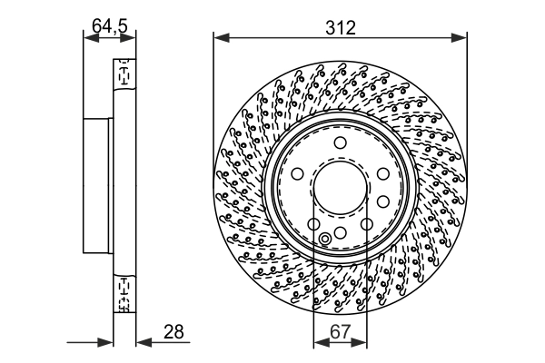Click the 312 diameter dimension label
(340, 27)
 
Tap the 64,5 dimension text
(109, 27)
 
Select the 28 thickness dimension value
(173, 332)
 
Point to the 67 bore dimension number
(340, 332)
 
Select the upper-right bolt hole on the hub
(382, 174)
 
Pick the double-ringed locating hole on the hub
(326, 240)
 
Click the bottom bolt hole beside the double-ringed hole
(340, 232)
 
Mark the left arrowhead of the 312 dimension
(218, 37)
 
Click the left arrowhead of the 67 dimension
(317, 344)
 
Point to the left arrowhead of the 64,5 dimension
(88, 37)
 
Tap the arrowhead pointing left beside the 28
(141, 343)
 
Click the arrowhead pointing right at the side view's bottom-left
(107, 343)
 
